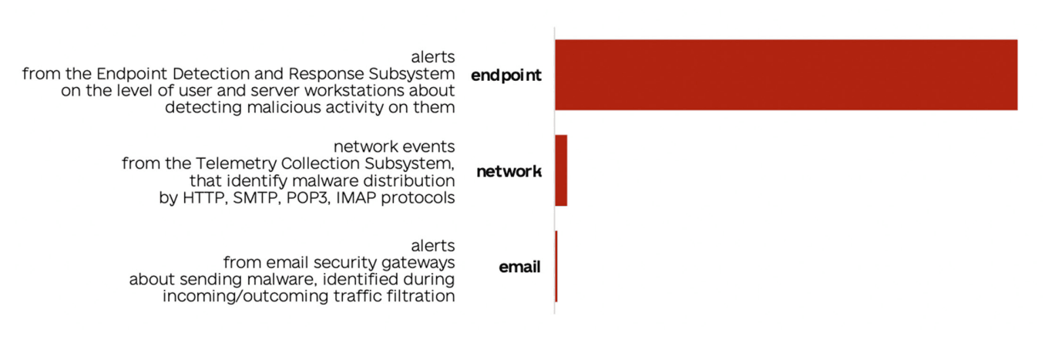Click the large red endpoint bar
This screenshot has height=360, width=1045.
pyautogui.click(x=786, y=75)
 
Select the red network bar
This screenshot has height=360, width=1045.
pyautogui.click(x=561, y=170)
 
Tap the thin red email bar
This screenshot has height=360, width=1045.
pyautogui.click(x=556, y=266)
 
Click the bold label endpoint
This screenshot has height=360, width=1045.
pyautogui.click(x=506, y=76)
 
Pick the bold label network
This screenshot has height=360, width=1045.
pyautogui.click(x=509, y=171)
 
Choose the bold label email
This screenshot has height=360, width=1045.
pyautogui.click(x=519, y=267)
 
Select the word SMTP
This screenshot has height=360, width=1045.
pyautogui.click(x=254, y=197)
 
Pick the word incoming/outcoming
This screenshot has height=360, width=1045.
pyautogui.click(x=245, y=296)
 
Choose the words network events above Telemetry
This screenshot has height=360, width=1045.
pyautogui.click(x=395, y=146)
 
